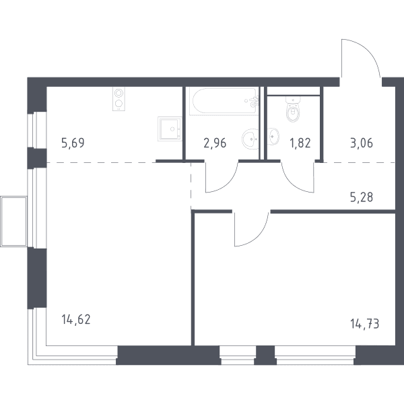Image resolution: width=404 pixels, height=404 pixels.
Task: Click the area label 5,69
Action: tap(73, 143)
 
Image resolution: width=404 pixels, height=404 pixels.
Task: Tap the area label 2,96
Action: tap(215, 143)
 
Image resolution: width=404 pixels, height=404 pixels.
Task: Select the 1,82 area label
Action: tap(300, 143)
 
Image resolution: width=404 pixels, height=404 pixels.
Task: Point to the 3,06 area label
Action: tap(362, 143)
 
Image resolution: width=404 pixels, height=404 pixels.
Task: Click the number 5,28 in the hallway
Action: tap(362, 197)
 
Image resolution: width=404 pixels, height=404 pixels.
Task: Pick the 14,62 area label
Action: tap(76, 319)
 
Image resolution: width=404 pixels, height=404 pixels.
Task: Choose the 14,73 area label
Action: tap(365, 324)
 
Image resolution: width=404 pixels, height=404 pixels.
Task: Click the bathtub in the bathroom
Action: tap(224, 101)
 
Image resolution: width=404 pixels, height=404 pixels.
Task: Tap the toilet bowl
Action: tap(293, 109)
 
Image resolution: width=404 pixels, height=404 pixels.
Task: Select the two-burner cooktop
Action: tap(119, 99)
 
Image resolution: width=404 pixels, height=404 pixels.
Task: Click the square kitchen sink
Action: tap(170, 129)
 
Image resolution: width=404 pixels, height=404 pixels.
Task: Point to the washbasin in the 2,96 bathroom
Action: tap(250, 139)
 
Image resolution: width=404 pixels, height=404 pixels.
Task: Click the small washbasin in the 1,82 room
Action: tap(273, 136)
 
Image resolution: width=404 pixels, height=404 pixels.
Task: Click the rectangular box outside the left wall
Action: tap(13, 222)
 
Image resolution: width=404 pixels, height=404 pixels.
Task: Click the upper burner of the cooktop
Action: tap(119, 93)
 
